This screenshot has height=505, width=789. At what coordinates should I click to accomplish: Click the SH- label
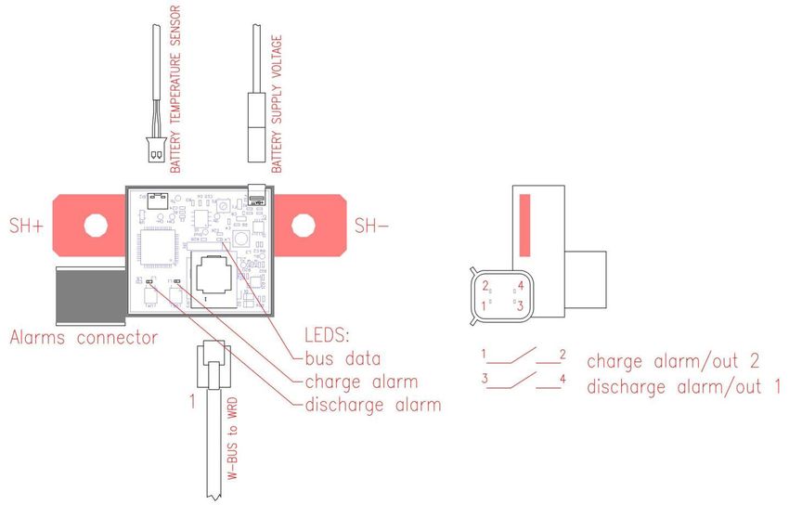pyautogui.click(x=373, y=226)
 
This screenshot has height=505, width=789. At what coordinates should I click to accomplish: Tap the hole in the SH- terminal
pyautogui.click(x=304, y=225)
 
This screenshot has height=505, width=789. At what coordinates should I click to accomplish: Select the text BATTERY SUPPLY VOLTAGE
pyautogui.click(x=276, y=104)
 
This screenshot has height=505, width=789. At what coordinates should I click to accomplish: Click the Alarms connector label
pyautogui.click(x=84, y=338)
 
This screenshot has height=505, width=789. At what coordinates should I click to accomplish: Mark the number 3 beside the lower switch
pyautogui.click(x=485, y=378)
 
